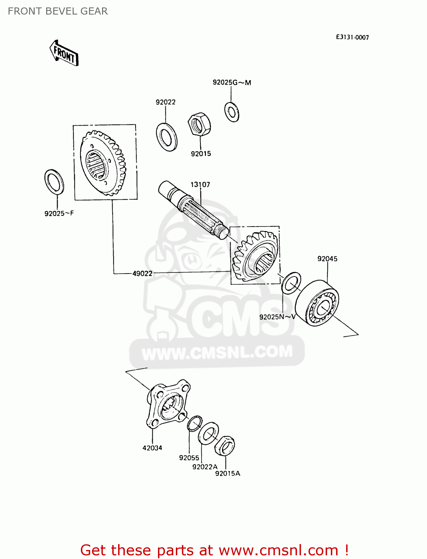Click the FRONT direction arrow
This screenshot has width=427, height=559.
click(x=64, y=53)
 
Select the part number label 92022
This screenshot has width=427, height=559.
click(x=165, y=102)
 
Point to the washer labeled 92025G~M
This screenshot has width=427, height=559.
click(x=232, y=111)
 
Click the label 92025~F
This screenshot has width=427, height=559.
click(x=59, y=214)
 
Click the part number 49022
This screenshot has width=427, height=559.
click(x=142, y=274)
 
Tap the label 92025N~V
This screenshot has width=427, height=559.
click(x=277, y=317)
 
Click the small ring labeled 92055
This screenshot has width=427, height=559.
click(x=194, y=423)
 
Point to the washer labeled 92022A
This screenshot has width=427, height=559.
click(x=208, y=433)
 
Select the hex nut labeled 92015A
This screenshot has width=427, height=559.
click(x=224, y=445)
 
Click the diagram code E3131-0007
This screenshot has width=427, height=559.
click(x=352, y=37)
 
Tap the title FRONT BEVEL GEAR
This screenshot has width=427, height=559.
click(x=58, y=11)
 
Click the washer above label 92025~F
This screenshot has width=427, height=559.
click(x=54, y=181)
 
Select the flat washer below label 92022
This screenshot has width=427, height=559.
click(x=167, y=137)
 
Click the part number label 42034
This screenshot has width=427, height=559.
click(x=152, y=448)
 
